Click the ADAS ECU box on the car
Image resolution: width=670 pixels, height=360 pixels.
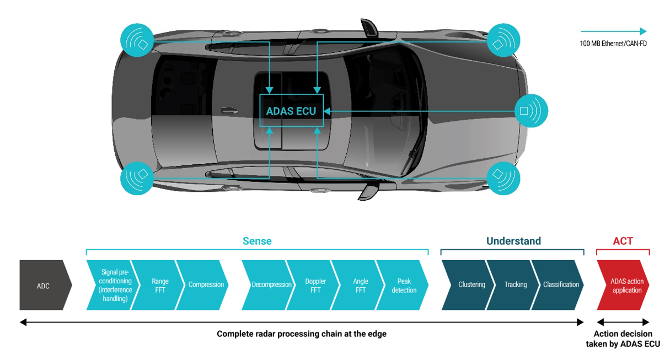tap(291, 111)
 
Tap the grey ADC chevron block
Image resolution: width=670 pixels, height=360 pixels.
tap(44, 285)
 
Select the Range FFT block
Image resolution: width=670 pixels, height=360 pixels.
tap(160, 285)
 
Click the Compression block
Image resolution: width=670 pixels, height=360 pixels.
tap(206, 285)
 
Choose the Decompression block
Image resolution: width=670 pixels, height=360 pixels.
tap(271, 285)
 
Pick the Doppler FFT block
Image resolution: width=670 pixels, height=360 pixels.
tap(315, 285)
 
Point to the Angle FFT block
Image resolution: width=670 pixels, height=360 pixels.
tap(360, 285)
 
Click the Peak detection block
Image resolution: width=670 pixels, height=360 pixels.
tap(404, 285)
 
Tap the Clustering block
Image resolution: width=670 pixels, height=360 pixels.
tap(471, 285)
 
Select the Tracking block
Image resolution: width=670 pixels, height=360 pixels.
tap(516, 285)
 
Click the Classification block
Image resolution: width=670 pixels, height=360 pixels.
tap(561, 285)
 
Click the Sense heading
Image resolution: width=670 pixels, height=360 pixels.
tap(257, 241)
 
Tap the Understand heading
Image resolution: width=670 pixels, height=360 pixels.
tap(513, 241)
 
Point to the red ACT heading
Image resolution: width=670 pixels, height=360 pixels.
tap(623, 241)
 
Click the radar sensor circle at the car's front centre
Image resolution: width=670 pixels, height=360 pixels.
tap(531, 111)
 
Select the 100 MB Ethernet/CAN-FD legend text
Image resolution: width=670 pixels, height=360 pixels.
tap(613, 43)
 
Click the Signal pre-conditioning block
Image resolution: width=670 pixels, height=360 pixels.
tap(116, 285)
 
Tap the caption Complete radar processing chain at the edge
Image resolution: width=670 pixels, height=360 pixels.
tap(302, 334)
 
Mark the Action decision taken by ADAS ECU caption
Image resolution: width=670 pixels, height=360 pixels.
tap(623, 338)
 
